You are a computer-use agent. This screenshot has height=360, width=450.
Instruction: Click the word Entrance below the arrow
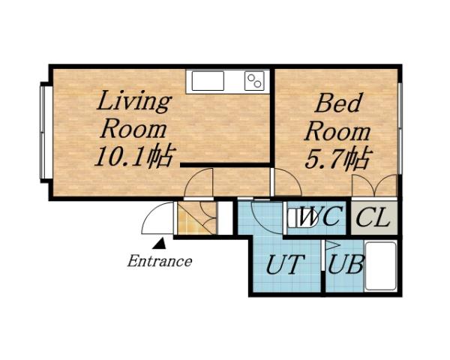click(158, 262)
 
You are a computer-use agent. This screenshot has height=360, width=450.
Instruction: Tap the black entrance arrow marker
click(159, 242)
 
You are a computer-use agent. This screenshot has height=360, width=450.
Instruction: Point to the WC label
click(321, 218)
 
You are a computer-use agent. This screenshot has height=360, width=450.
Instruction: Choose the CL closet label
click(373, 218)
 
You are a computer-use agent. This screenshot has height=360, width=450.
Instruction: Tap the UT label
click(286, 265)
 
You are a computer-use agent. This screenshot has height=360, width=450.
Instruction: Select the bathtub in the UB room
click(380, 266)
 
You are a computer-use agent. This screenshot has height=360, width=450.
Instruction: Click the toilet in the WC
click(295, 218)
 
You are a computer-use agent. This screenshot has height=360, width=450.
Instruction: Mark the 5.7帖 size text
click(339, 159)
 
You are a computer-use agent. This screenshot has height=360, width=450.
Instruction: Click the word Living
click(133, 100)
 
